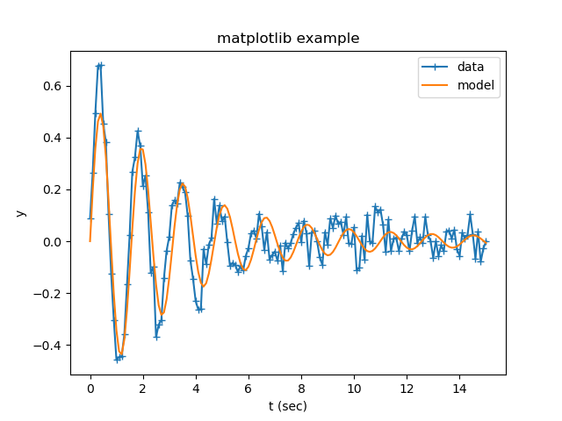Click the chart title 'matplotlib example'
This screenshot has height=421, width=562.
288,39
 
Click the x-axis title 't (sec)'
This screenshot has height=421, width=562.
288,406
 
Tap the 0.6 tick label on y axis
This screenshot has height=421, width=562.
54,86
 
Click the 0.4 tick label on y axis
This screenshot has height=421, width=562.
54,138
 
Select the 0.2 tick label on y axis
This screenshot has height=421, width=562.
54,189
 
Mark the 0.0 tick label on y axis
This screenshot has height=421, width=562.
54,241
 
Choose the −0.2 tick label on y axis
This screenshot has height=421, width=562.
50,294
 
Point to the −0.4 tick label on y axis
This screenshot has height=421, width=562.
50,346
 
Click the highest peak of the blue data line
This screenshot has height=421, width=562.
101,65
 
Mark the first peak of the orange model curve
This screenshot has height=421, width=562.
100,114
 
